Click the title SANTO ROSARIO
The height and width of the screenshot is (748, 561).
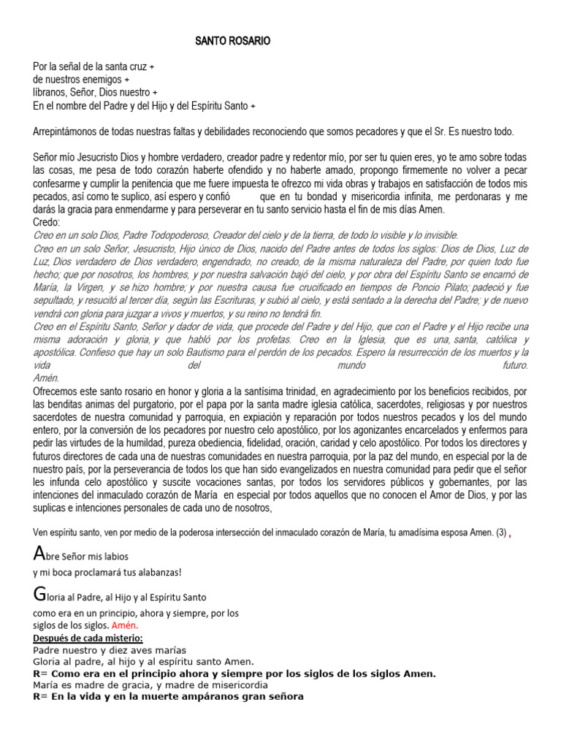point(232,42)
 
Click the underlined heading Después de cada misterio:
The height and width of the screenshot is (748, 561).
point(88,638)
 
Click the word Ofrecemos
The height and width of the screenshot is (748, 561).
point(58,392)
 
